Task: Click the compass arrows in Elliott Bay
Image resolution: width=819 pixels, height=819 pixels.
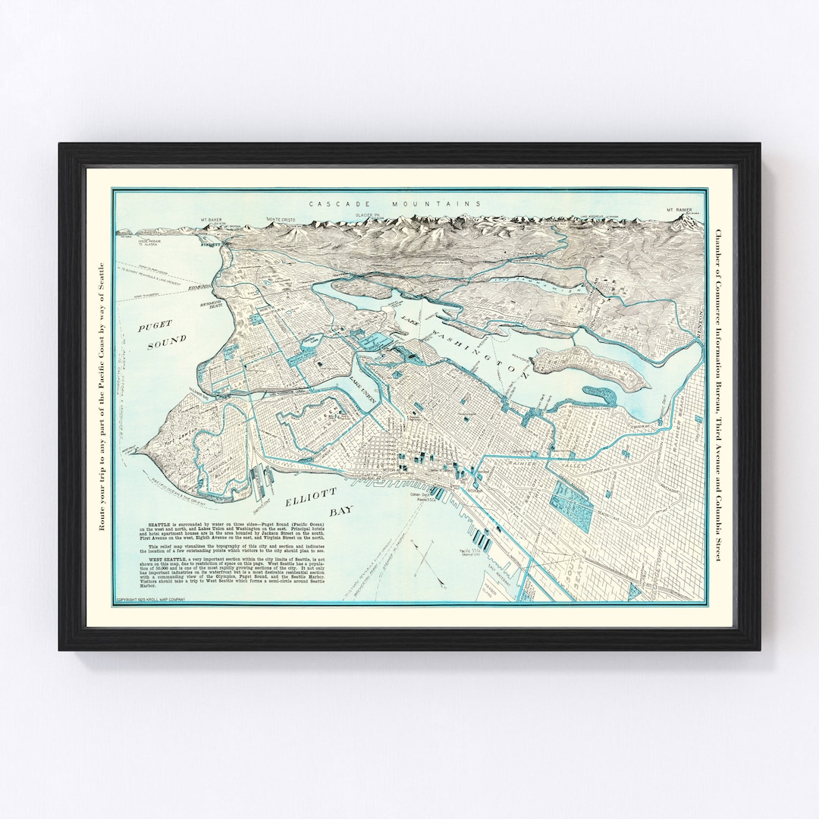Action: pyautogui.click(x=424, y=551)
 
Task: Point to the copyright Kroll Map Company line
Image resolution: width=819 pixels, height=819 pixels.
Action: pyautogui.click(x=149, y=600)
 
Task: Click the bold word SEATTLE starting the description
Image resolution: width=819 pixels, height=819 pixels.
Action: pyautogui.click(x=152, y=524)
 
